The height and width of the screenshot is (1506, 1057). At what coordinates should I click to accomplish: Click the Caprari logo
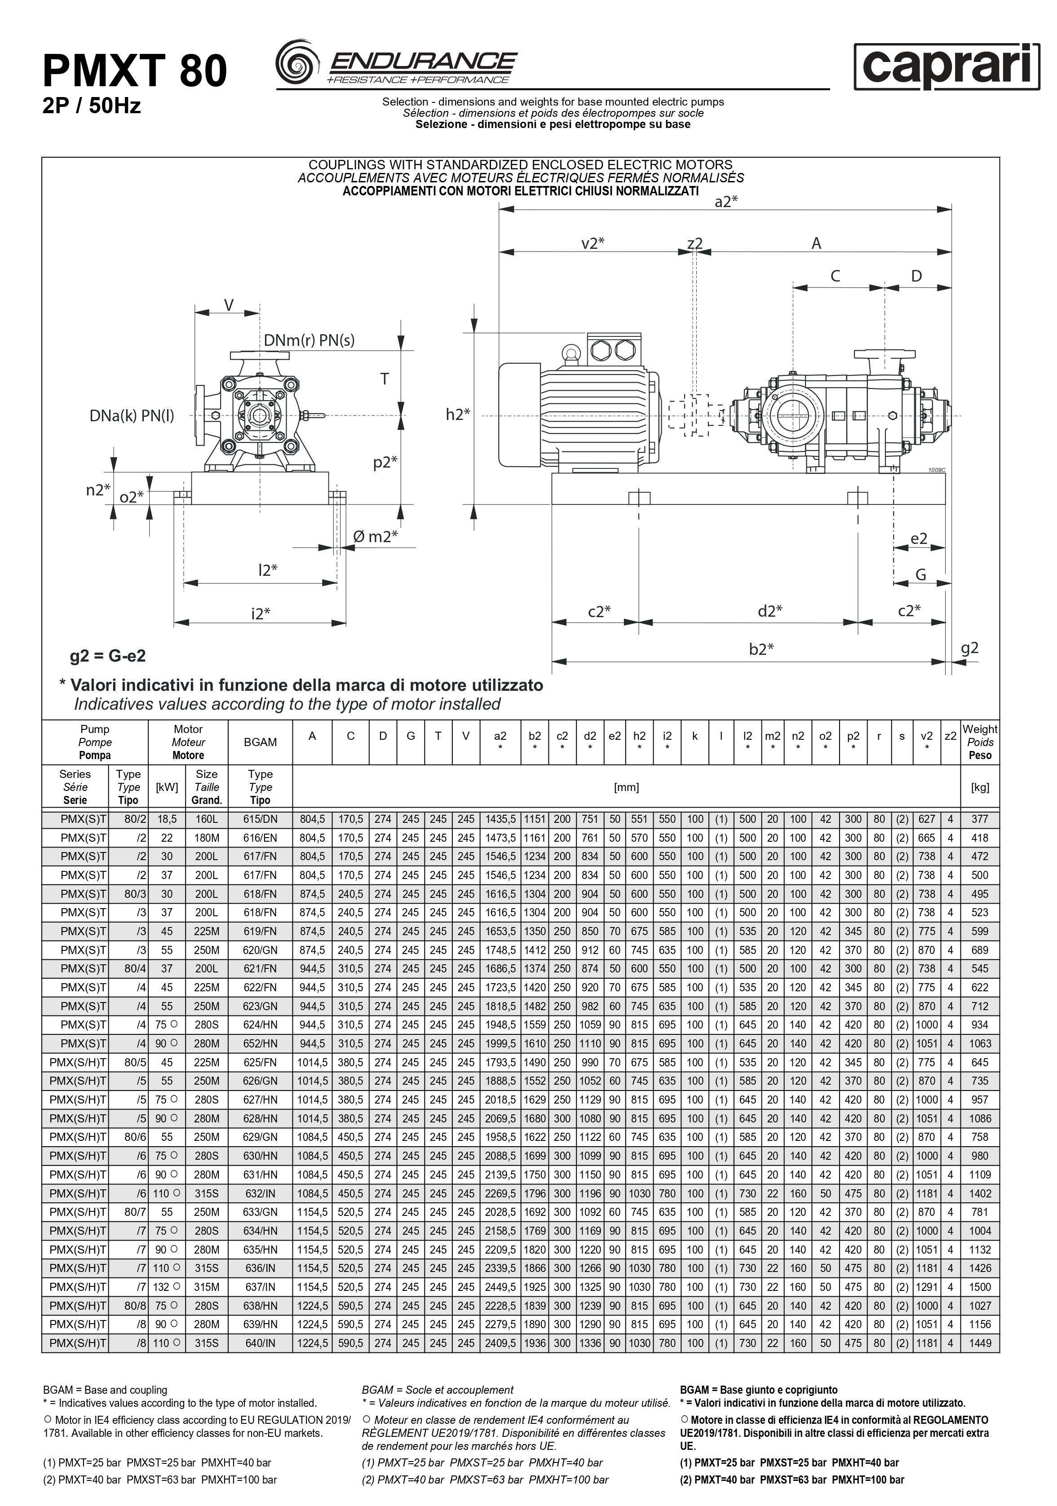click(947, 66)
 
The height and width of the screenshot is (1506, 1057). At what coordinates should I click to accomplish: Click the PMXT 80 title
click(134, 71)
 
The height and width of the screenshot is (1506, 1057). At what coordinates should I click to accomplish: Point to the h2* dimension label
click(458, 415)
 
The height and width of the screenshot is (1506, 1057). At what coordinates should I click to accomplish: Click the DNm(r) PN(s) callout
click(309, 340)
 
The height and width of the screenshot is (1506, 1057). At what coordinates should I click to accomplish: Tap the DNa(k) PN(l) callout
click(132, 416)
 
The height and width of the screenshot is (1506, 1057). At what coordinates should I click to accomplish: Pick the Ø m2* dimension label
click(375, 537)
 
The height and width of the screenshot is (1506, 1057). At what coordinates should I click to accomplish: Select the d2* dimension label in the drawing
click(770, 611)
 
